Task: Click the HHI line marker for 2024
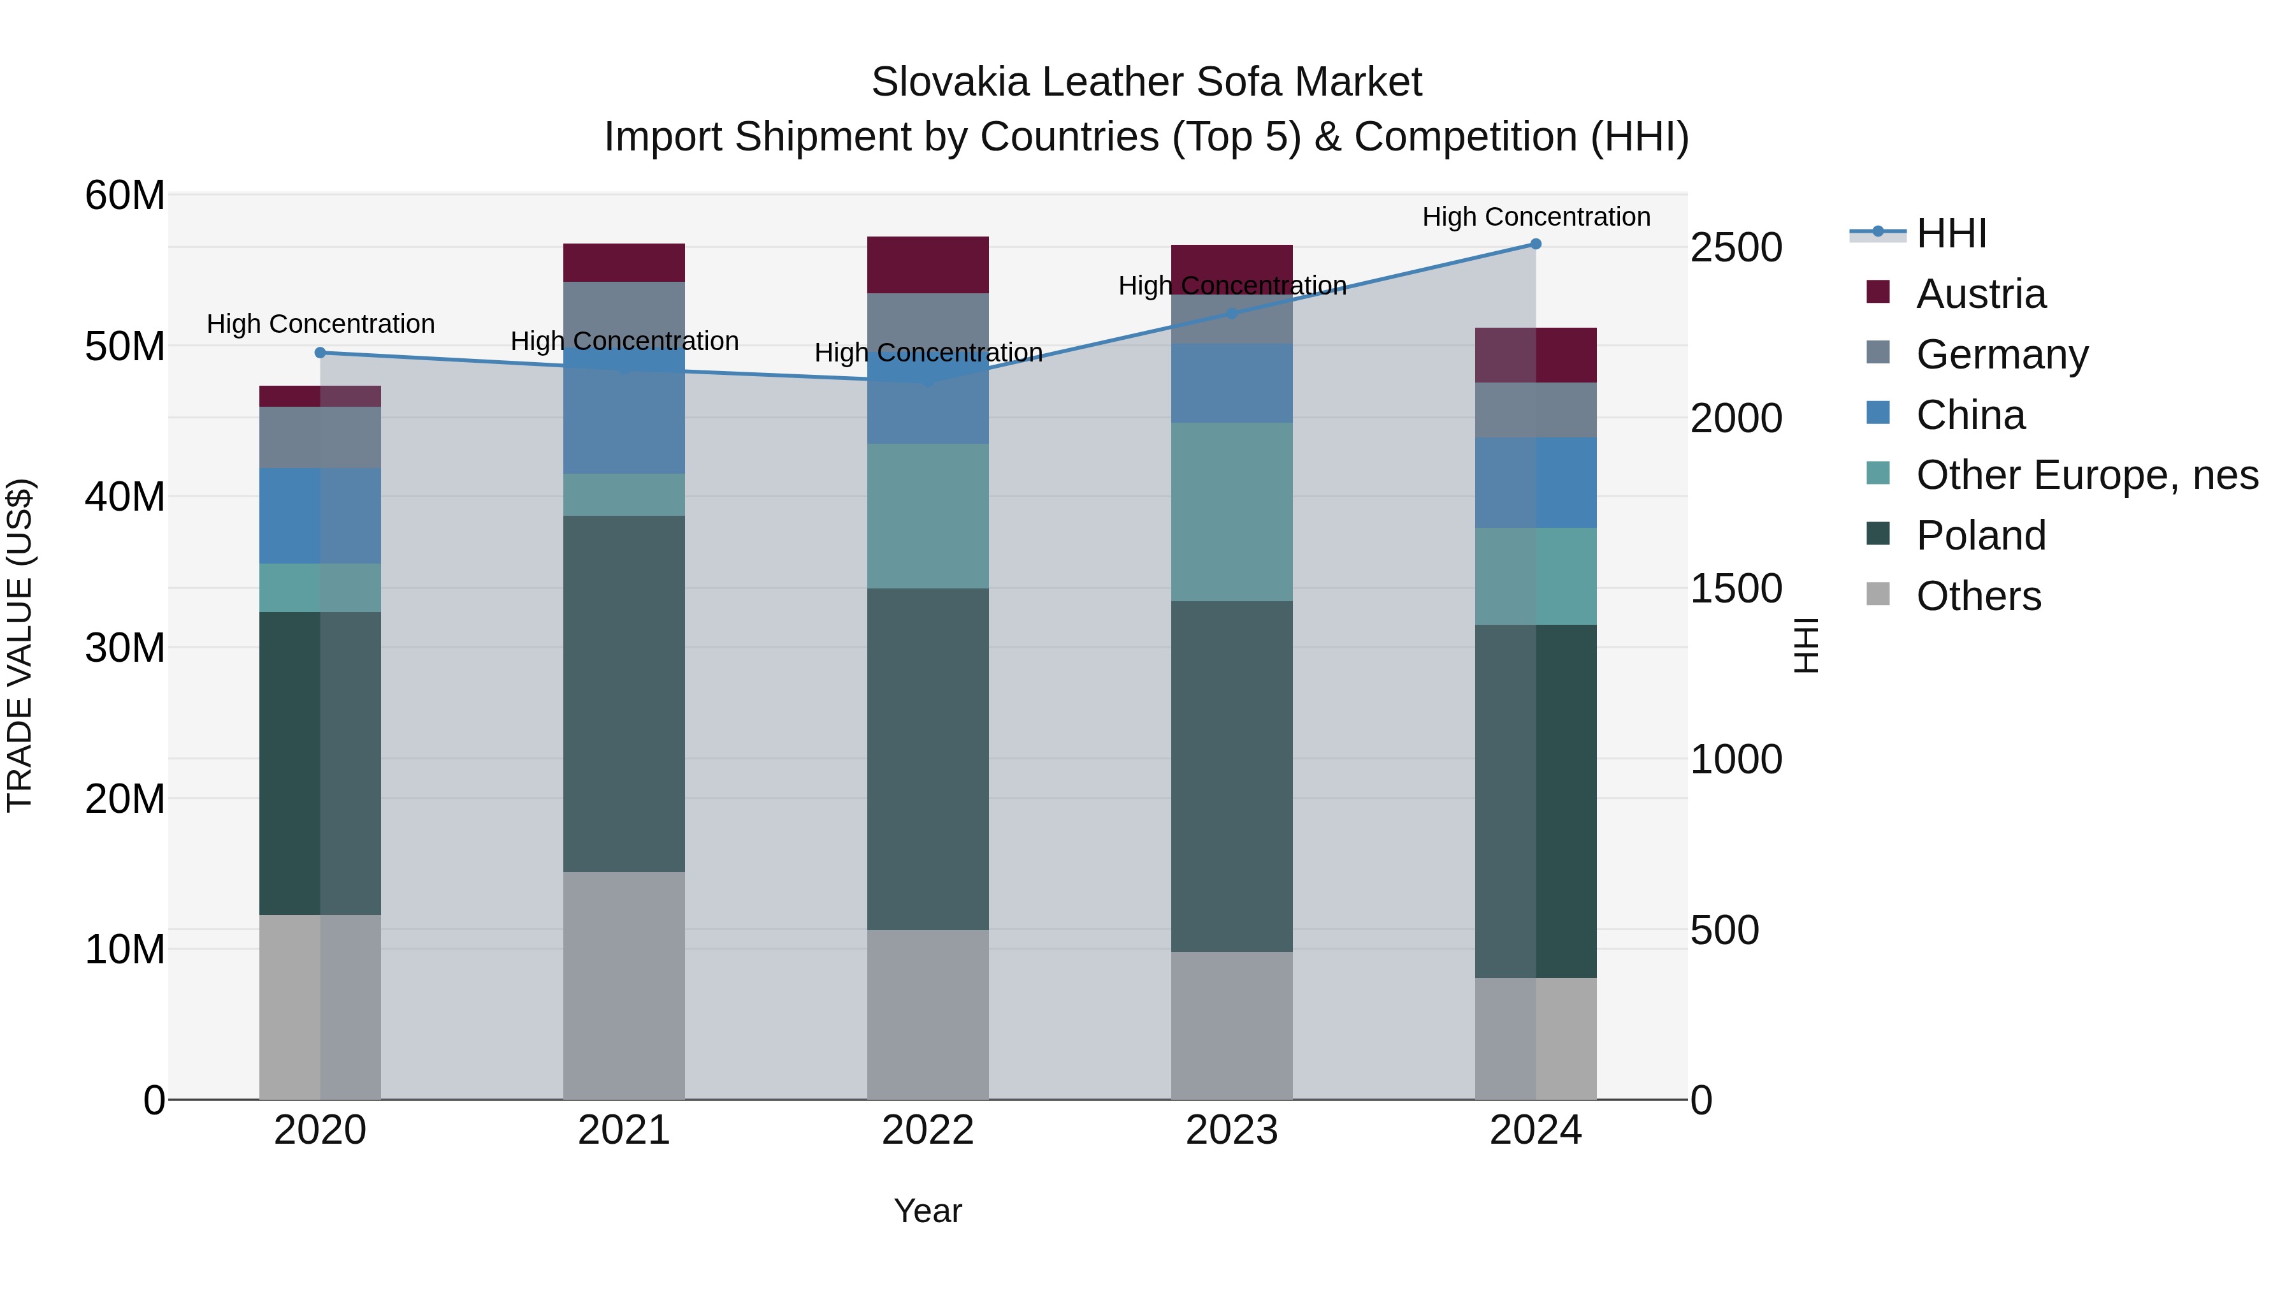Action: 1535,244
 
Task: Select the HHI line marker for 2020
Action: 321,353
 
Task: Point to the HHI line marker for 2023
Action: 1232,314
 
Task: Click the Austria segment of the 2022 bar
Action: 928,265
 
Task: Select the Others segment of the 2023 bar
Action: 1232,1025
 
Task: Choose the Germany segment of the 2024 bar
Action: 1535,410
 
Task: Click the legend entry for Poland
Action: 1980,536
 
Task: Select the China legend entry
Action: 1970,415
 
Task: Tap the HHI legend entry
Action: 1951,233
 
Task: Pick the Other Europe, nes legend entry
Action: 2086,475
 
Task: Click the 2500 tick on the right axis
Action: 1736,248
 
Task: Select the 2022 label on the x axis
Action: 928,1130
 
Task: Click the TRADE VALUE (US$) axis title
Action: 20,645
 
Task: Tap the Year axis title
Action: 928,1211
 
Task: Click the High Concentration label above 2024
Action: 1535,217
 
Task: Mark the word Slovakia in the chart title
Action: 950,82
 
